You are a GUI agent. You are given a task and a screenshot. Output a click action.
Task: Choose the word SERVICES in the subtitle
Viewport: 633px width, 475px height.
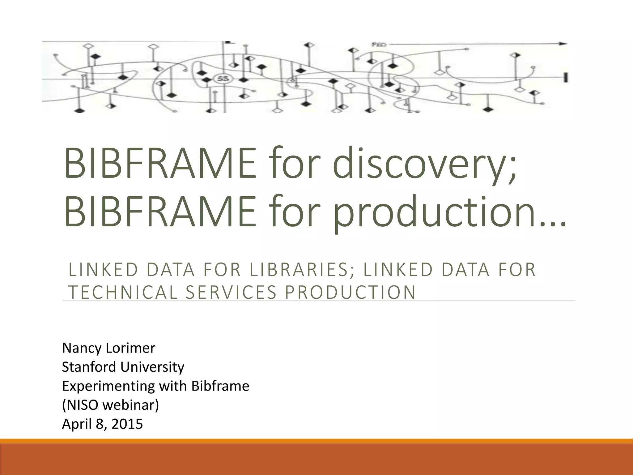(x=230, y=292)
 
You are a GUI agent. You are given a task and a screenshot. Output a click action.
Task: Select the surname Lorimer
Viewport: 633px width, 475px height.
(x=130, y=348)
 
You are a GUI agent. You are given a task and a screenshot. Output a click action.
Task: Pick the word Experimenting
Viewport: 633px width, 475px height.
(x=108, y=386)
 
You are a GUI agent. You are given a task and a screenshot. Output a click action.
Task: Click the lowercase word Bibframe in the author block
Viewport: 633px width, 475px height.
(x=220, y=386)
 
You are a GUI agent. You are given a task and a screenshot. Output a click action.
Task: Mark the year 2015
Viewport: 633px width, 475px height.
(x=127, y=424)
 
